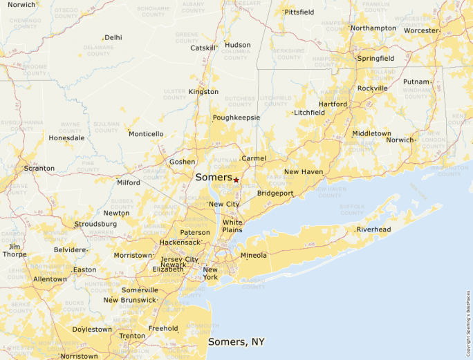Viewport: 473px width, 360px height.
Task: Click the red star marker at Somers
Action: coord(236,180)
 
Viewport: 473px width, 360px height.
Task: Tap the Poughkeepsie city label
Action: coord(236,117)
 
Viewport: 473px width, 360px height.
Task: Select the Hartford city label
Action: coord(333,104)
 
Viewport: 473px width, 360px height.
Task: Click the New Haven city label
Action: coord(304,171)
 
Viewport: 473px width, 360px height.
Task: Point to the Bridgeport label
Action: coord(275,193)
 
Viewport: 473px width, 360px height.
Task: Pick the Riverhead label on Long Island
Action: coord(373,229)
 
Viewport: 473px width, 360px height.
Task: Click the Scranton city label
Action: coord(39,168)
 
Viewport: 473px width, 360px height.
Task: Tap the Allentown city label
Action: coord(50,279)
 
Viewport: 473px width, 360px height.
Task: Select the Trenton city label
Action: coord(132,336)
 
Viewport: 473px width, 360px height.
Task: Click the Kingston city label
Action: coord(203,91)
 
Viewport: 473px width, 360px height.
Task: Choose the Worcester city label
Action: coord(421,30)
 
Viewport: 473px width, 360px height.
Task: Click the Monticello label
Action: coord(146,133)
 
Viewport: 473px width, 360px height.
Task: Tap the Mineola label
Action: coord(253,255)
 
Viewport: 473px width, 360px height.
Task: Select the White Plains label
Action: coord(232,226)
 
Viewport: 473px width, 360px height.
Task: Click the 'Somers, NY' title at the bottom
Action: coord(236,342)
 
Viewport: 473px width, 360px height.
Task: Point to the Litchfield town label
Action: coord(309,112)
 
